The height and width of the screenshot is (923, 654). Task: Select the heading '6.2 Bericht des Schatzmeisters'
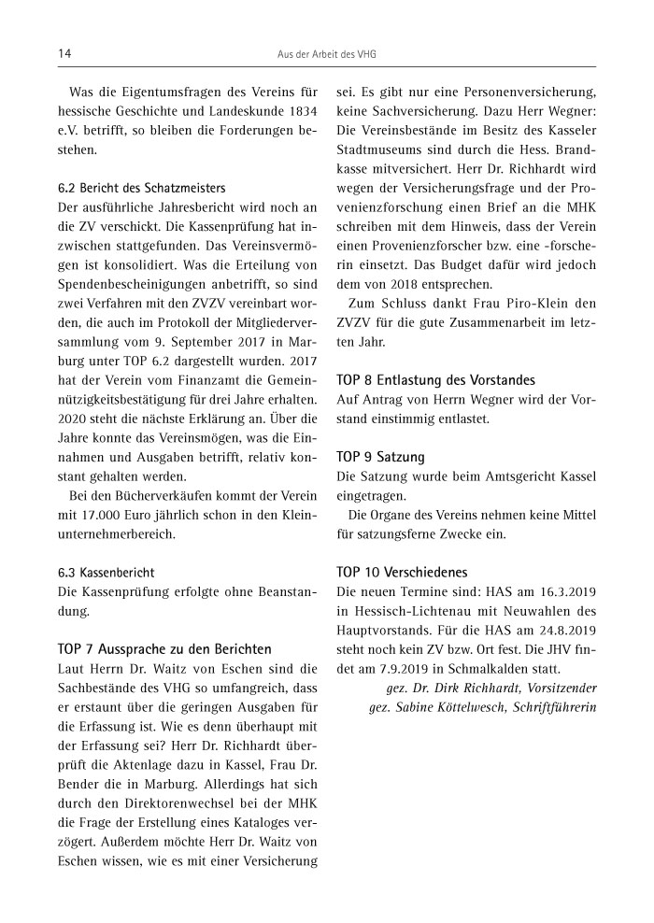coord(141,188)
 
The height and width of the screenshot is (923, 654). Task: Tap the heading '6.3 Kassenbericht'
coord(107,572)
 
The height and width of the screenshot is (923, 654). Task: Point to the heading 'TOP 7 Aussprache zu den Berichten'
coord(164,648)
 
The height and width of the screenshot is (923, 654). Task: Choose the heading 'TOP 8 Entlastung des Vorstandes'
coord(435,380)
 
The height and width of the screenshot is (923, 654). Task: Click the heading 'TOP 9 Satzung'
coord(380,457)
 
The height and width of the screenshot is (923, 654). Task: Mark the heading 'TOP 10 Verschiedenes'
coord(401,572)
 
